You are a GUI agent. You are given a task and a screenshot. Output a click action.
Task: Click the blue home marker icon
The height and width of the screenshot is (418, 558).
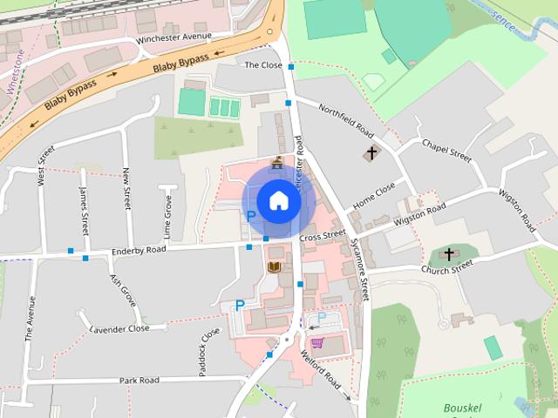pyautogui.click(x=278, y=201)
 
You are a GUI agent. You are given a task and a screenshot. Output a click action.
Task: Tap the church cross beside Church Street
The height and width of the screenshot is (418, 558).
pyautogui.click(x=449, y=254)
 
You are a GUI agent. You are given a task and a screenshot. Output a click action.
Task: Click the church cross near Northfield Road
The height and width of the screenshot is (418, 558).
pyautogui.click(x=371, y=153)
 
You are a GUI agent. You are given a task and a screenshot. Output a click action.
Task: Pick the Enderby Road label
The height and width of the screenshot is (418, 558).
pyautogui.click(x=139, y=252)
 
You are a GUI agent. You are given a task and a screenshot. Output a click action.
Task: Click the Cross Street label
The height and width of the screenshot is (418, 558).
pyautogui.click(x=322, y=236)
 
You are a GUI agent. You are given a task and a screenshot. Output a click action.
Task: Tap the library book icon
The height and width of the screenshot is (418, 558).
pyautogui.click(x=275, y=266)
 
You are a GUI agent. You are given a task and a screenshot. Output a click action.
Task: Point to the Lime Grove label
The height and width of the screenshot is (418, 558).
pyautogui.click(x=167, y=218)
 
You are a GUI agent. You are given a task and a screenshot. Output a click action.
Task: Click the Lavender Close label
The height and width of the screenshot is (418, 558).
pyautogui.click(x=120, y=329)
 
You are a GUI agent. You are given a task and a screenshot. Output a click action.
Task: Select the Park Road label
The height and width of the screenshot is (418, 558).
pyautogui.click(x=139, y=381)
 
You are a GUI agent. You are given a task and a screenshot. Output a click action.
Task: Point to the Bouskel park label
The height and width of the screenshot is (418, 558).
pyautogui.click(x=465, y=407)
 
